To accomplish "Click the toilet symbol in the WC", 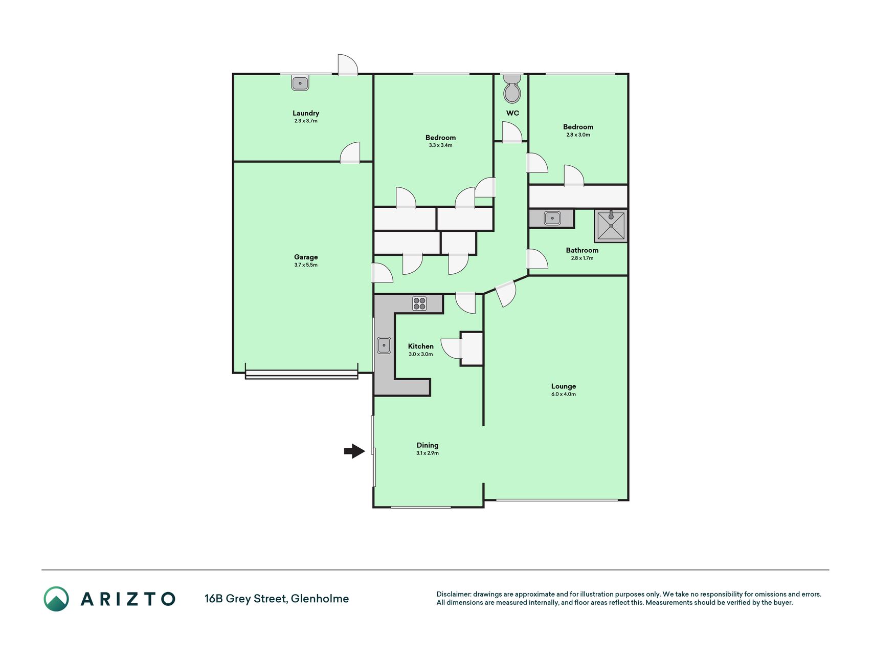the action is [x=512, y=89].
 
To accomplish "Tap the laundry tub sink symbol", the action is [x=300, y=83].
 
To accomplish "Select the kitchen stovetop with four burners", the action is [x=419, y=303].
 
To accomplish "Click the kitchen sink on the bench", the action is [x=384, y=345].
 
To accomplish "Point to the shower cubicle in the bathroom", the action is [x=611, y=225].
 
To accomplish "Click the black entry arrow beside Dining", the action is [x=354, y=451].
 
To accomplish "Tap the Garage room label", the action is [x=306, y=257].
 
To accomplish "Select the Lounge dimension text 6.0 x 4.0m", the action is [x=564, y=394].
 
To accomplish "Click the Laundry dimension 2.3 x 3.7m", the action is [x=306, y=121].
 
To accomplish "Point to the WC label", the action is [x=512, y=113].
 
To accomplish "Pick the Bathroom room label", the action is [x=582, y=250].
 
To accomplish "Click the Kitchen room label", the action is [x=421, y=346].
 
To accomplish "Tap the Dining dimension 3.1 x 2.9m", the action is [x=428, y=453].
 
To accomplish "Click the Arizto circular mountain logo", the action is [x=56, y=599].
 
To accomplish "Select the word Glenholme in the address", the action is [x=320, y=599].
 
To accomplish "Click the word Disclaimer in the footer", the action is [x=453, y=594].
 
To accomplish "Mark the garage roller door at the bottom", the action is [x=302, y=375].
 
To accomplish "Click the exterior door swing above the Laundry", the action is [x=348, y=65].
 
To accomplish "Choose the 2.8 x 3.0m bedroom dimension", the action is [x=578, y=135].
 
